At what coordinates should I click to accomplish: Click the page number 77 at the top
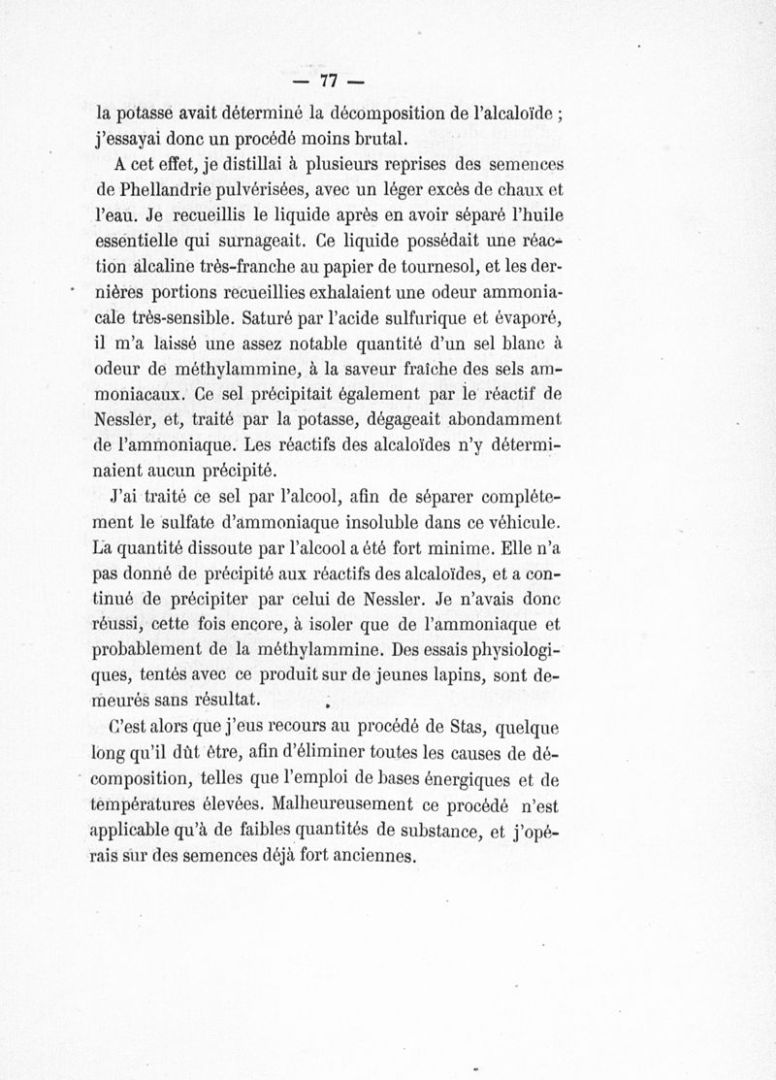point(333,78)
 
